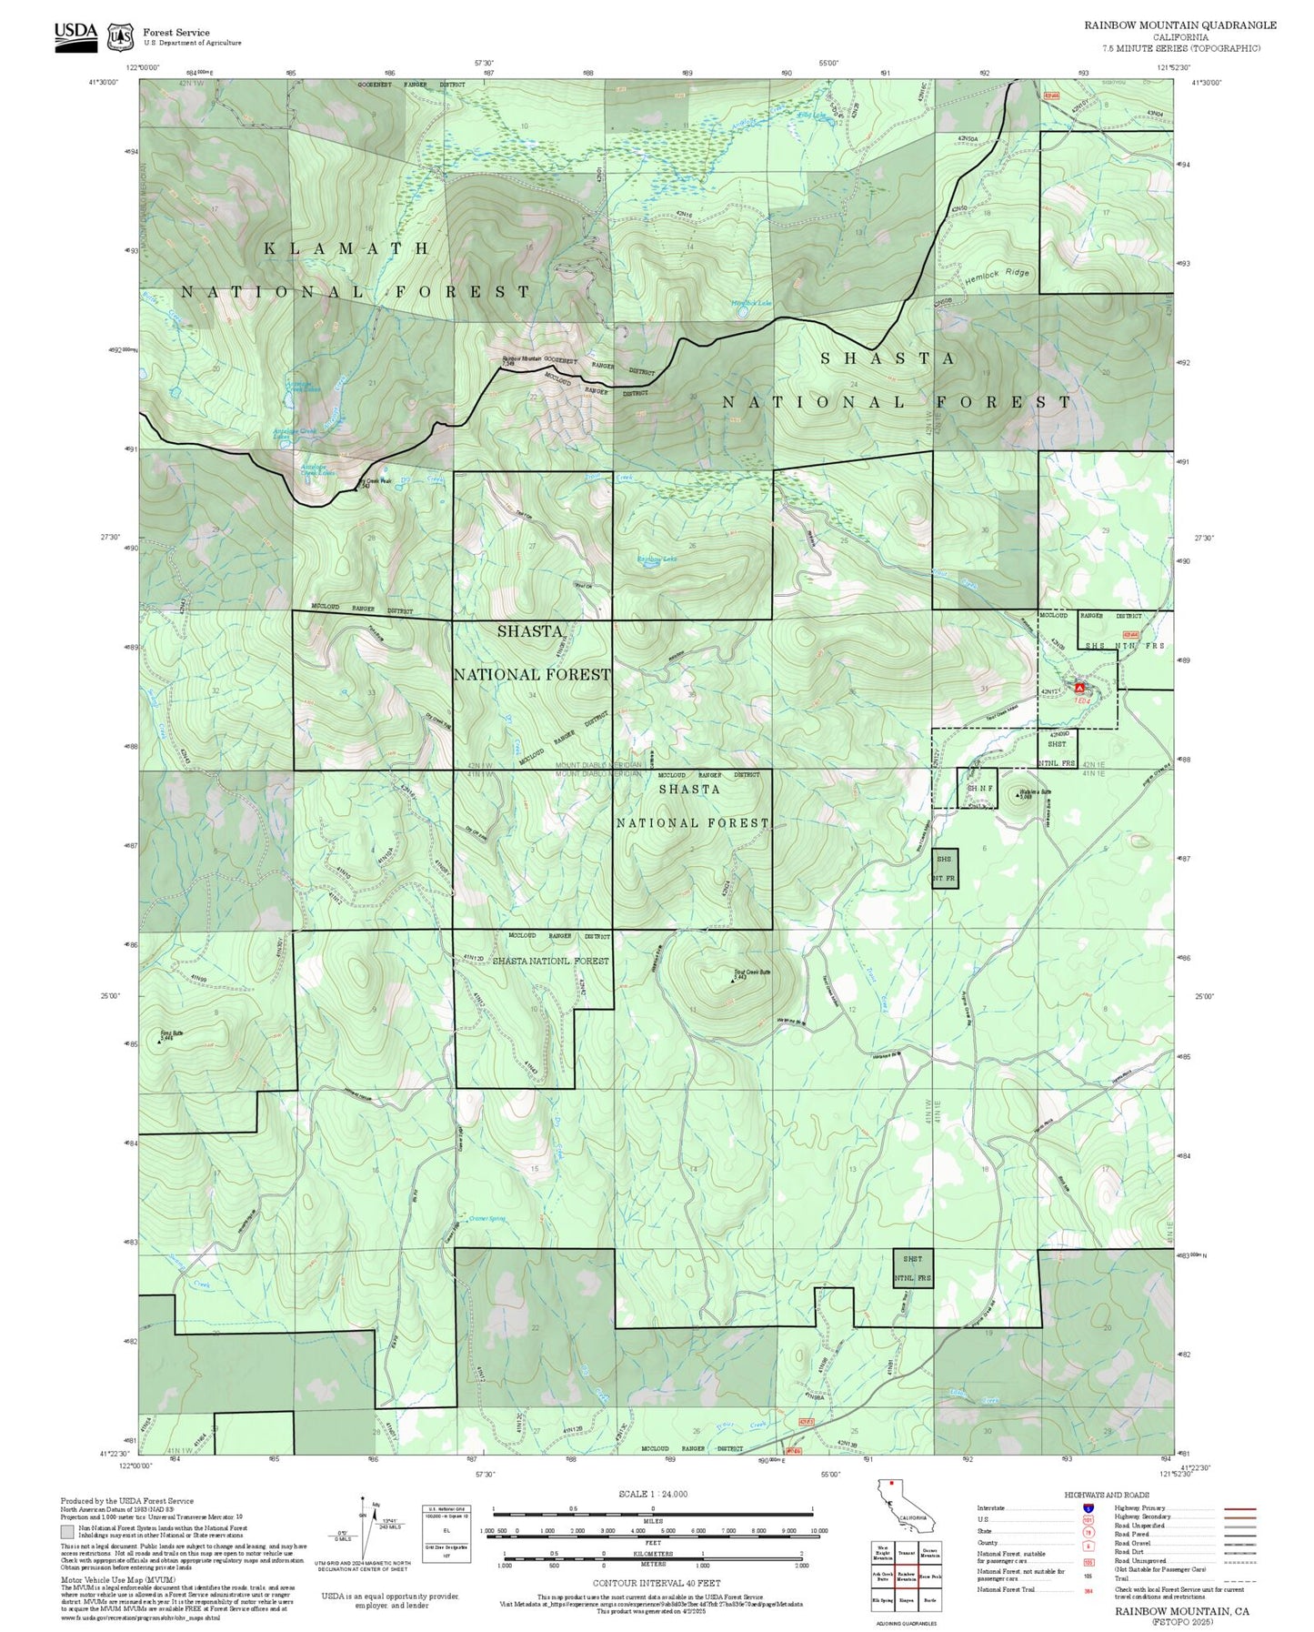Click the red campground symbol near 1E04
1079,689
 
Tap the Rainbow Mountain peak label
522,359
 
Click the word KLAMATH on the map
346,248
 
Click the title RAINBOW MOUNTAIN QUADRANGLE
1179,25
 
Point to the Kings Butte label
172,1034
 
